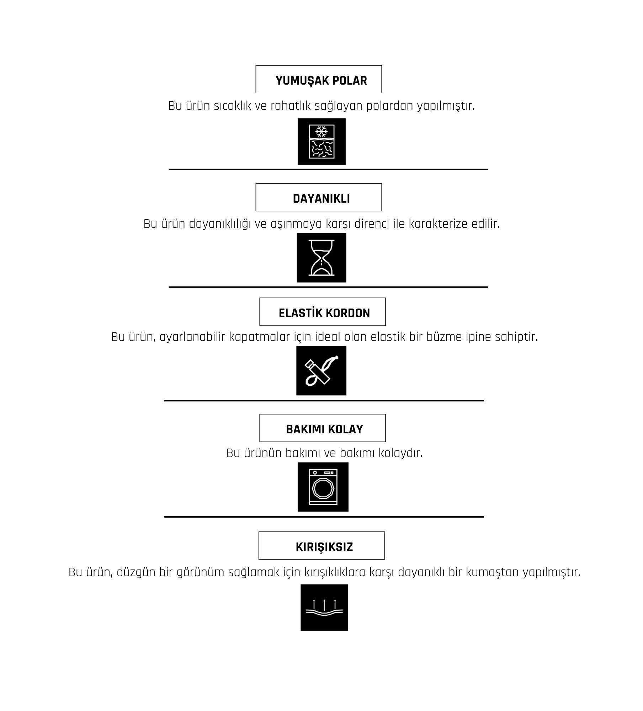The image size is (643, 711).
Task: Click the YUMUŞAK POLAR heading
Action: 321,81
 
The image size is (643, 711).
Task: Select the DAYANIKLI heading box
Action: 319,197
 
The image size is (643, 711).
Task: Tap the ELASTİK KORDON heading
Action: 324,313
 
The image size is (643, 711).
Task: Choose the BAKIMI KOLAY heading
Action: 324,429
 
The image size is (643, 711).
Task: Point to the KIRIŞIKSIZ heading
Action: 324,547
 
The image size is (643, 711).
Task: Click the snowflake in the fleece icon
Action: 321,132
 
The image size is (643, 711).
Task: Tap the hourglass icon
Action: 321,258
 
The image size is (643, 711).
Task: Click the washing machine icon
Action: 323,487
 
